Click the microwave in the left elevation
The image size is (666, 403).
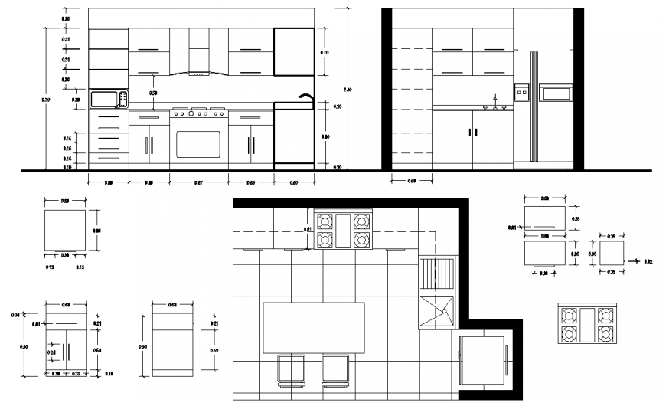[108, 99]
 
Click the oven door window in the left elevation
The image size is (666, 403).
[198, 144]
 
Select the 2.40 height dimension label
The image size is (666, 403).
[349, 89]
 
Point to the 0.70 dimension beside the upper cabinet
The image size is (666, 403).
[324, 52]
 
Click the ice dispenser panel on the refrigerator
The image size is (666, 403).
[521, 92]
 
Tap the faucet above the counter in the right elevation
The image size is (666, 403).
[495, 100]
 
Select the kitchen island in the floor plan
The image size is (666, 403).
[313, 327]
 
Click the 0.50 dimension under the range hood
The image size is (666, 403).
[153, 93]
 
